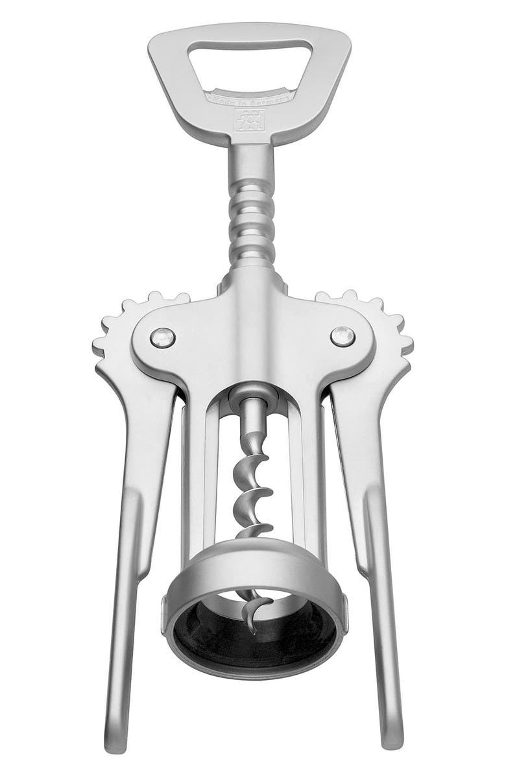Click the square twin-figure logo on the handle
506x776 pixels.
coord(250,120)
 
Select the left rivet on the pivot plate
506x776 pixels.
coord(162,337)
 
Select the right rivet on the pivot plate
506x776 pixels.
coord(342,335)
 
